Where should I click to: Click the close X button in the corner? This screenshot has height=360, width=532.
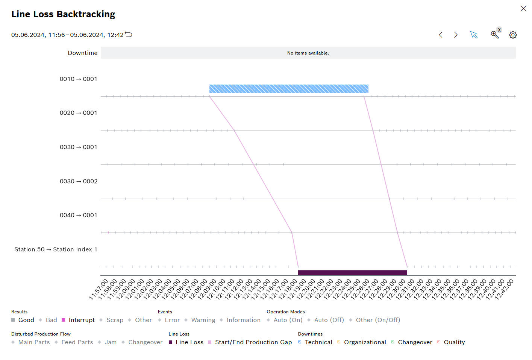pos(523,9)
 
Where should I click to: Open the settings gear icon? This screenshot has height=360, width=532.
pos(513,35)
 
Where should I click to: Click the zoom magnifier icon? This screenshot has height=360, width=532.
pos(494,35)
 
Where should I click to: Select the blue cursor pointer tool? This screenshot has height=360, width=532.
pos(474,35)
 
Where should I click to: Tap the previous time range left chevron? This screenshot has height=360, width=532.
pos(441,35)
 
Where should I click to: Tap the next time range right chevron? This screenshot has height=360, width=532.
pos(456,35)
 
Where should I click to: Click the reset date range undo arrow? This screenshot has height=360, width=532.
pos(129,35)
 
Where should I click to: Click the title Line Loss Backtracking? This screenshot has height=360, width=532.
pos(63,14)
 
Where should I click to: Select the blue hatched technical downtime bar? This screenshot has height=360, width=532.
pos(288,89)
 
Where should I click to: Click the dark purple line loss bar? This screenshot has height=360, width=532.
pos(352,272)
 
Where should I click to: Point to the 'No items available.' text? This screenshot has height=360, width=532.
pos(308,53)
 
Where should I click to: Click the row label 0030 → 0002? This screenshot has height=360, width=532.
pos(79,181)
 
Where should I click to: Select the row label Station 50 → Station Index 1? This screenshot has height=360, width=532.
pos(56,249)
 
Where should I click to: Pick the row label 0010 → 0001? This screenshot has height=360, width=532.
pos(79,79)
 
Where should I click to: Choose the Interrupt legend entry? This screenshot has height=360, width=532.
pos(81,320)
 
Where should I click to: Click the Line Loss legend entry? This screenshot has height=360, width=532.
pos(189,342)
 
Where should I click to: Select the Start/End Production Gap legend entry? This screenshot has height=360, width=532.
pos(253,342)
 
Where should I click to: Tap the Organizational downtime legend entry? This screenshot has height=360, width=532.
pos(365,342)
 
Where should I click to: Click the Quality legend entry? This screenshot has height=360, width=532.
pos(454,342)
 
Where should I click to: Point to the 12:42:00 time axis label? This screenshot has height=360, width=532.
pos(505,290)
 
